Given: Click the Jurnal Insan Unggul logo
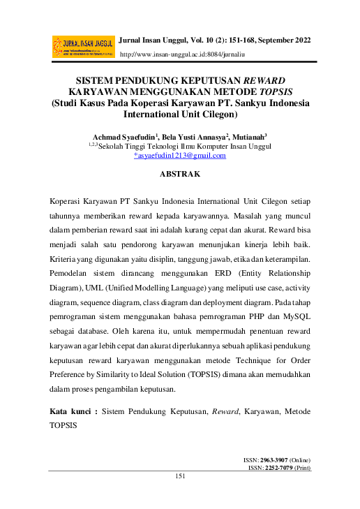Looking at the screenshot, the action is pyautogui.click(x=83, y=46).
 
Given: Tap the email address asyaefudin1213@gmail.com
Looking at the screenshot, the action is pyautogui.click(x=181, y=156).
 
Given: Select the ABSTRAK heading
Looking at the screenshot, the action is pyautogui.click(x=181, y=172).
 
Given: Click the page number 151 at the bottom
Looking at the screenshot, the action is pyautogui.click(x=181, y=476).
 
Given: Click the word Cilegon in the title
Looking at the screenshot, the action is pyautogui.click(x=218, y=113).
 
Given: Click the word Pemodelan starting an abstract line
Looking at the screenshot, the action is pyautogui.click(x=72, y=276).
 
